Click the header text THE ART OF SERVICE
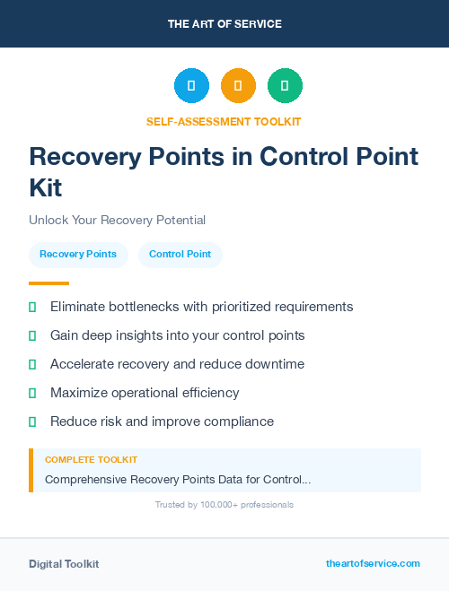tap(224, 24)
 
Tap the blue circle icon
tap(191, 86)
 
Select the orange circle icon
tap(238, 86)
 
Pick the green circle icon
tap(285, 86)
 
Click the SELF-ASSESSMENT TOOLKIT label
tap(224, 121)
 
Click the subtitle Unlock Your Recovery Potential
tap(117, 220)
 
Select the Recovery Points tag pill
tap(78, 254)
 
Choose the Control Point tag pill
tap(180, 254)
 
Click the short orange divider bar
tap(43, 283)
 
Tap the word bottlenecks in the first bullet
tap(144, 307)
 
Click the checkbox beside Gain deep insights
tap(32, 335)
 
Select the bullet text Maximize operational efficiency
tap(145, 393)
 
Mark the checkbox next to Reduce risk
tap(32, 422)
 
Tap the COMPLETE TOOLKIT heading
tap(91, 460)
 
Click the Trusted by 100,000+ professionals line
tap(224, 505)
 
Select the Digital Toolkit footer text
tap(64, 564)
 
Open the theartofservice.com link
tap(373, 563)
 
